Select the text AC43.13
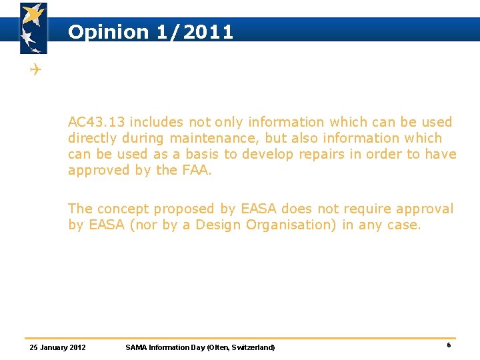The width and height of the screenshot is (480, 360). point(96,122)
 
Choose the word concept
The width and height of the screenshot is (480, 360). point(124,209)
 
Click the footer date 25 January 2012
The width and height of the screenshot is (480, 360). point(58,347)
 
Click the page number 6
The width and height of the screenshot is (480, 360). point(449,345)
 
